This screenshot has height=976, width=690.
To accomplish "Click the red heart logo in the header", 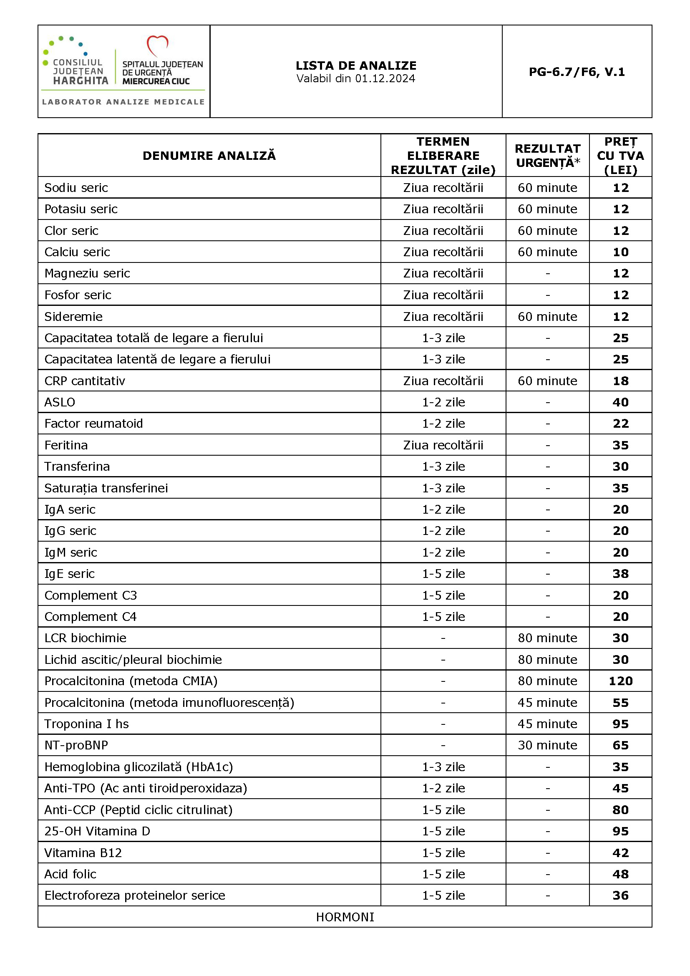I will click(x=157, y=45).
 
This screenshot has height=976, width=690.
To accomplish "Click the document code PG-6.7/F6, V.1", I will click(x=577, y=72).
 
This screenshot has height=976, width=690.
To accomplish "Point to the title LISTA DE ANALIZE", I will click(x=356, y=66).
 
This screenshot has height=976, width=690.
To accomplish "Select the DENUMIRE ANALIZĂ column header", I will click(x=209, y=156).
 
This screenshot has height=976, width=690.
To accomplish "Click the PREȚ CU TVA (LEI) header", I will click(x=620, y=156).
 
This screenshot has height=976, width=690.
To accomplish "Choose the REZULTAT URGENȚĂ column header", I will click(x=547, y=156).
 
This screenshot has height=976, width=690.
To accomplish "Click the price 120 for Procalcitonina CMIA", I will click(x=620, y=681).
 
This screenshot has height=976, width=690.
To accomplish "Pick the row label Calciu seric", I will click(x=77, y=252).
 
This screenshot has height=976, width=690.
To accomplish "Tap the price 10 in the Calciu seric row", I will click(x=620, y=252).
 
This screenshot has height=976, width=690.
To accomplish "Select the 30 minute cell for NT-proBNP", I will click(x=547, y=745).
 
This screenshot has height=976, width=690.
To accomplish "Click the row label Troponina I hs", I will click(x=87, y=724).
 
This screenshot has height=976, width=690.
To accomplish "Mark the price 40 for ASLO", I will click(x=620, y=402).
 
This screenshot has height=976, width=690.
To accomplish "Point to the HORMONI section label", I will click(x=345, y=917).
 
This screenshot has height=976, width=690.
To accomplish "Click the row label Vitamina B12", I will click(x=83, y=853).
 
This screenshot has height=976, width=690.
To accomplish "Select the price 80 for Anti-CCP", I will click(x=620, y=810).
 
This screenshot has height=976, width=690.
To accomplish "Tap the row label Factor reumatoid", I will click(x=93, y=424).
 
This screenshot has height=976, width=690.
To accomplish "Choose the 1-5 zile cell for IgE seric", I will click(x=443, y=574).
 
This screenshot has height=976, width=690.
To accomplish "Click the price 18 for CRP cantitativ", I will click(x=620, y=381).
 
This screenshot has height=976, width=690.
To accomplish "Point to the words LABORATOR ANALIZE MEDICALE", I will click(x=123, y=102).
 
